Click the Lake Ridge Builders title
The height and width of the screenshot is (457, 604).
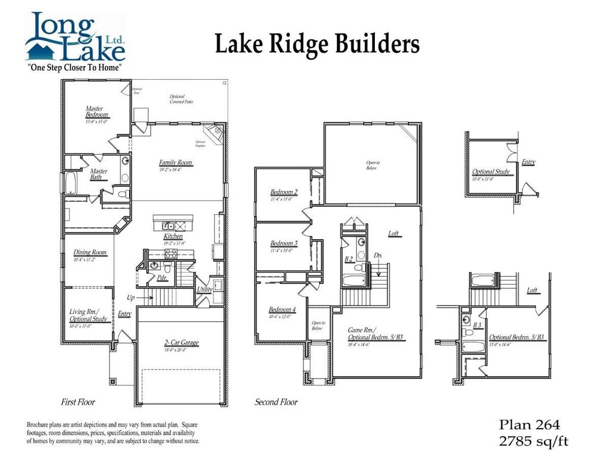coord(317,45)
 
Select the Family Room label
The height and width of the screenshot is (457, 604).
coord(176,162)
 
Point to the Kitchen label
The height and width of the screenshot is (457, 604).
coord(173,237)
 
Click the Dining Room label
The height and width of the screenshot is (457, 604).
coord(90,253)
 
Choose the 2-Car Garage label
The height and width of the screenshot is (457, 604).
coord(181,343)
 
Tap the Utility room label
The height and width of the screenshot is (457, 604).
coord(205,290)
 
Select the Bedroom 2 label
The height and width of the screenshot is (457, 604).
coord(283,192)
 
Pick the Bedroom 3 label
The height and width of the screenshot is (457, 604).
coord(283,243)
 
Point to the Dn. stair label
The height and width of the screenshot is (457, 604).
coord(378,256)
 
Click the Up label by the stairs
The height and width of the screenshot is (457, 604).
coord(130,297)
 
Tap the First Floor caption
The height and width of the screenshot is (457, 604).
coord(78,402)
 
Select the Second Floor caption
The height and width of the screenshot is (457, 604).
coord(276,402)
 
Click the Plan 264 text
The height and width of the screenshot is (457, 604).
coord(529,424)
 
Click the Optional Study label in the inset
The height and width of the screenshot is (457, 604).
coord(491,172)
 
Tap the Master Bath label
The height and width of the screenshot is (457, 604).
coord(99,174)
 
